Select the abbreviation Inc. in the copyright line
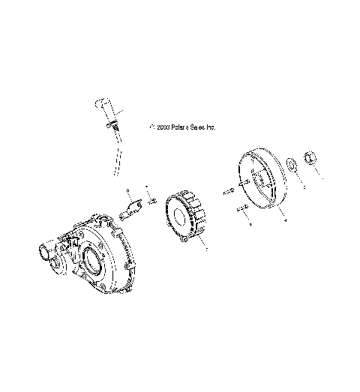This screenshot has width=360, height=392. pyautogui.click(x=211, y=128)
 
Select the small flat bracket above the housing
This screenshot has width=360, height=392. pyautogui.click(x=133, y=209)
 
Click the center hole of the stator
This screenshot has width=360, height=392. pyautogui.click(x=181, y=218)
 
